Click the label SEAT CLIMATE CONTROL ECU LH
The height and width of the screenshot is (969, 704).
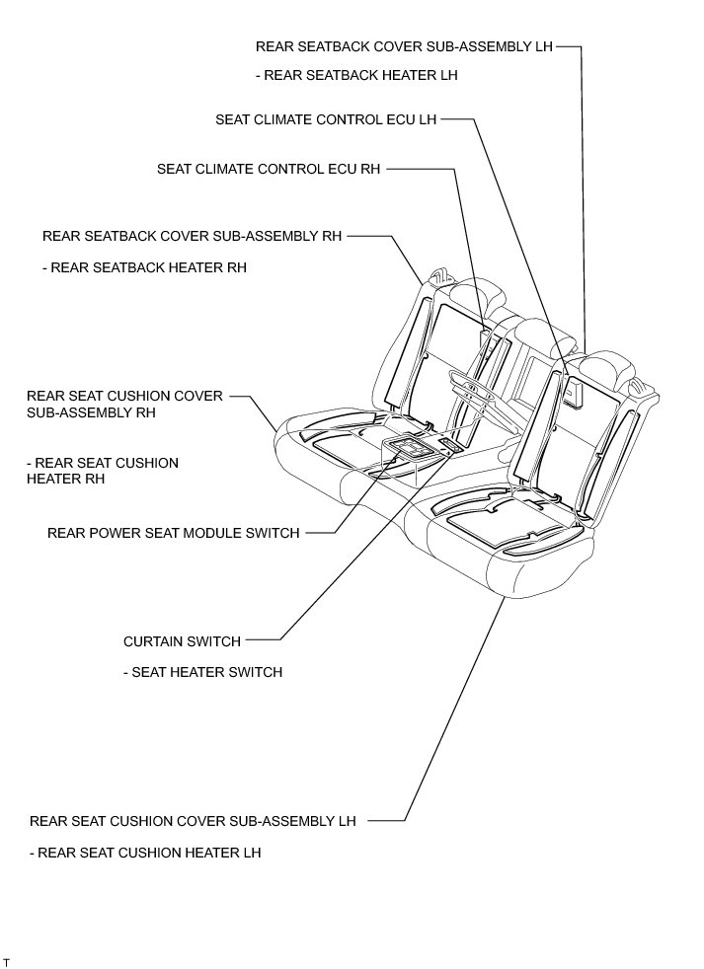tap(326, 120)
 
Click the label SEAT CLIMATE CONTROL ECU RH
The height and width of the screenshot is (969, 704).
tap(269, 169)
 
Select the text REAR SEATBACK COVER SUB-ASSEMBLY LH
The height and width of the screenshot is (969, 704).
tap(404, 46)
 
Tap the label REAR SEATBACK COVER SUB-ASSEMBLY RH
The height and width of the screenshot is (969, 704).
tap(192, 237)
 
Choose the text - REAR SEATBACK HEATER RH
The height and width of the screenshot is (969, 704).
tap(144, 267)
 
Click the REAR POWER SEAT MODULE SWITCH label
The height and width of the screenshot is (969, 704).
tap(174, 533)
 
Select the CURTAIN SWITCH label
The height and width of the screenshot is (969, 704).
tap(182, 641)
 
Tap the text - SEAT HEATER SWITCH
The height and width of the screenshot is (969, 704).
tap(202, 672)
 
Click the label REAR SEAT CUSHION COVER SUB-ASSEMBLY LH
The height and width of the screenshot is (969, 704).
tap(193, 820)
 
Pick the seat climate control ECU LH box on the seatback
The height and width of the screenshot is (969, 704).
tap(572, 394)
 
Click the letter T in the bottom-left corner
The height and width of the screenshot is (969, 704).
tap(7, 960)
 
